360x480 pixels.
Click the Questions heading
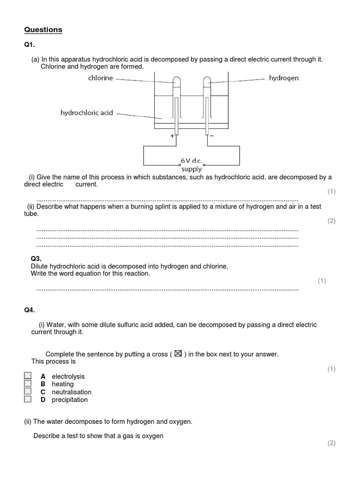pyautogui.click(x=43, y=30)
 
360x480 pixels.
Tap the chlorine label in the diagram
pyautogui.click(x=100, y=78)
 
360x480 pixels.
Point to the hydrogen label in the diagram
pyautogui.click(x=284, y=78)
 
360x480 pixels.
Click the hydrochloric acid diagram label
pyautogui.click(x=87, y=113)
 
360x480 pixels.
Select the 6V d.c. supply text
pyautogui.click(x=191, y=165)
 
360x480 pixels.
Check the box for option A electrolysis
pyautogui.click(x=28, y=376)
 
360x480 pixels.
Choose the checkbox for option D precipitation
pyautogui.click(x=28, y=399)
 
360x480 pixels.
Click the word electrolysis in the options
pyautogui.click(x=68, y=376)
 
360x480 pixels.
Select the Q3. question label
pyautogui.click(x=36, y=258)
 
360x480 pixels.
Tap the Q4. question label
pyautogui.click(x=30, y=310)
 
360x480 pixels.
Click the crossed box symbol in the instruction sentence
pyautogui.click(x=178, y=354)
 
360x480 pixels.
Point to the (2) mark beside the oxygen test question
pyautogui.click(x=331, y=443)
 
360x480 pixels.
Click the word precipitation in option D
pyautogui.click(x=69, y=400)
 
